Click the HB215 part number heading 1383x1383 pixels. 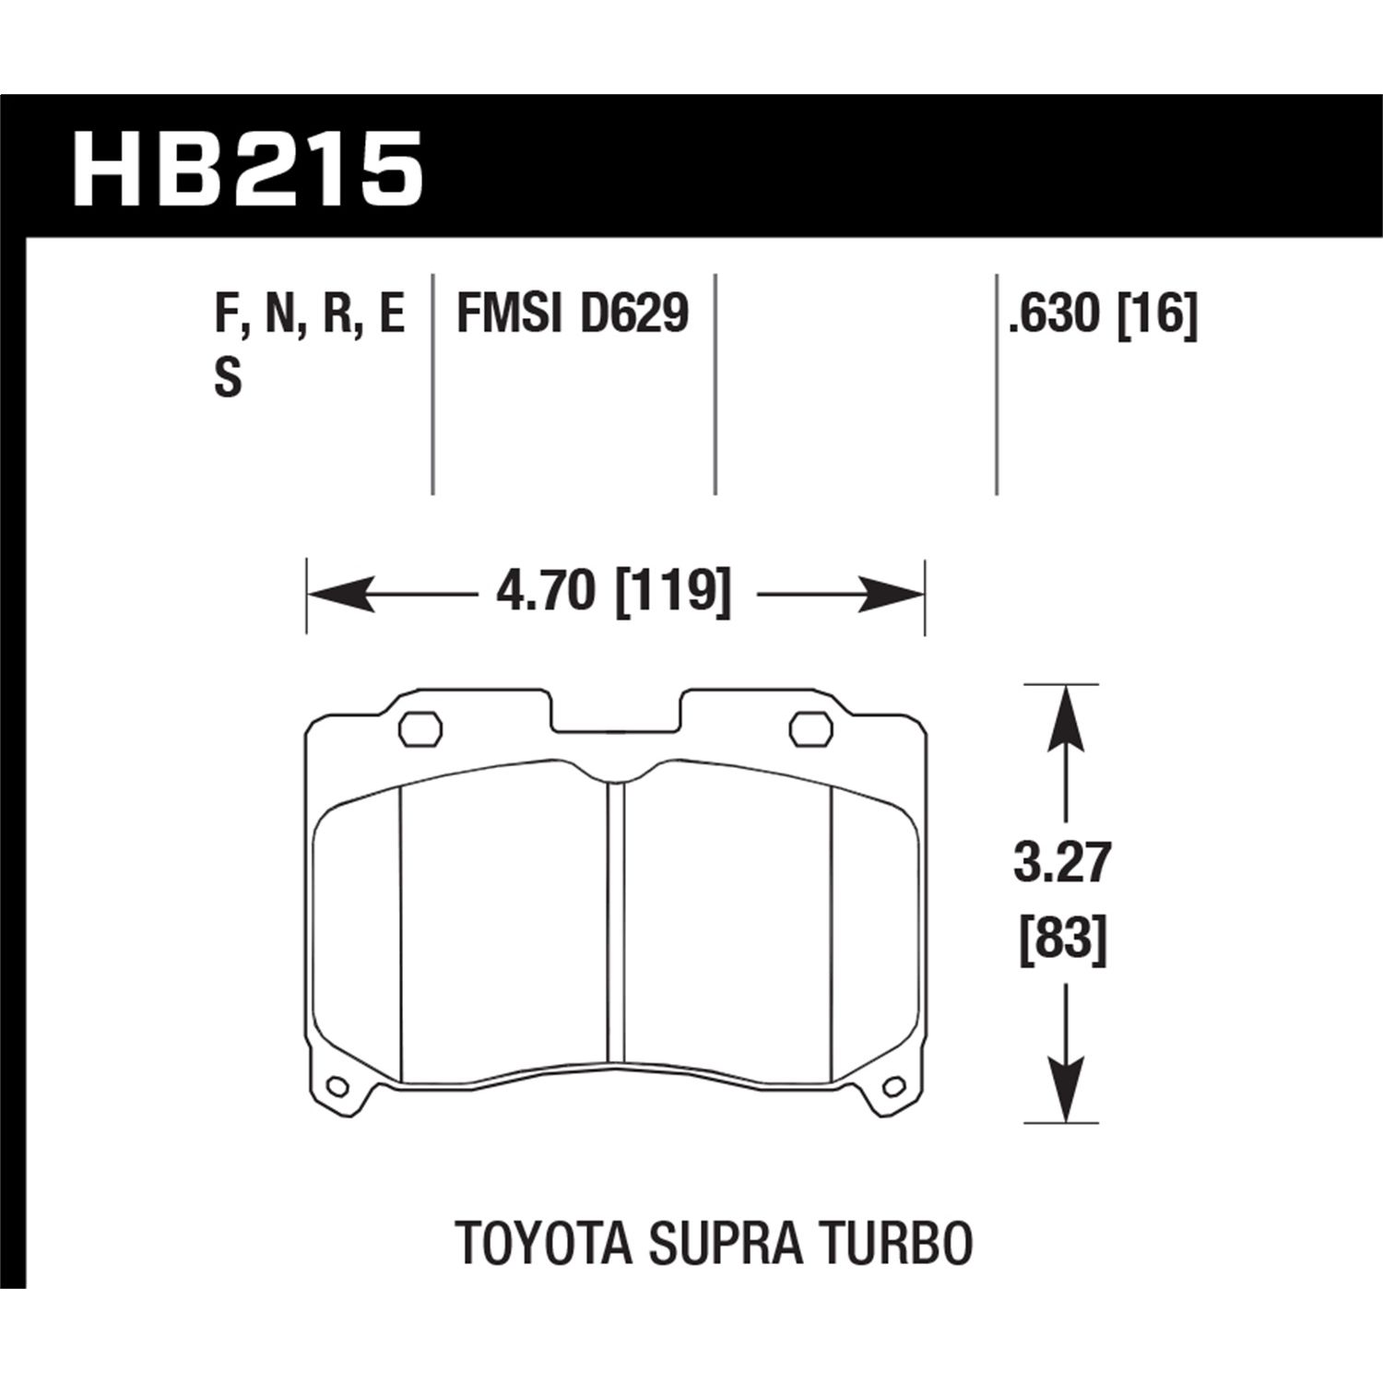click(247, 170)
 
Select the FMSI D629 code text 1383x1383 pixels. click(573, 314)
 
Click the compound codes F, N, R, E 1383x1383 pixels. click(309, 314)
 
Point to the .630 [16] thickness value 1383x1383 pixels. click(1102, 314)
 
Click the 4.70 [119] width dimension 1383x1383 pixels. click(613, 590)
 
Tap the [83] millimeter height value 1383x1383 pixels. click(1062, 940)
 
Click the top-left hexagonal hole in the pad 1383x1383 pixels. click(420, 727)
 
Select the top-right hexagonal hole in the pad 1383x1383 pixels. click(811, 727)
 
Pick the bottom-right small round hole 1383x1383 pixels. click(892, 1089)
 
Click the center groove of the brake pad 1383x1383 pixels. click(616, 922)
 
